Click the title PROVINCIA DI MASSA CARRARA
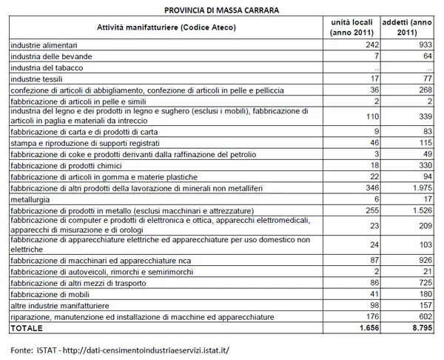pyautogui.click(x=221, y=10)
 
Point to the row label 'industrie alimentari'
pyautogui.click(x=42, y=46)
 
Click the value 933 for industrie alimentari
pyautogui.click(x=423, y=46)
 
